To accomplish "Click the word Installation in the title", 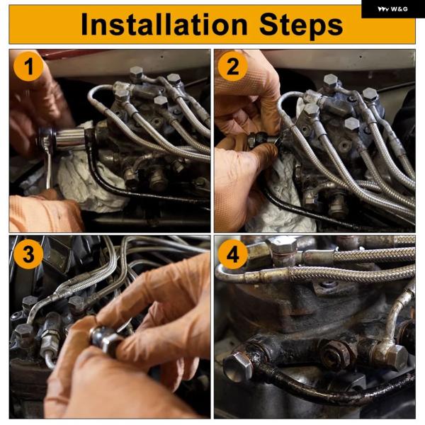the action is [164, 24].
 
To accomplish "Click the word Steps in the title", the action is [301, 25].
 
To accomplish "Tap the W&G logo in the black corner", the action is [392, 9].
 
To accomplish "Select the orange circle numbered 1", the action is [28, 67].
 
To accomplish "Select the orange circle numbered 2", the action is [233, 67].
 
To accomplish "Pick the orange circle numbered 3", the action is [28, 254].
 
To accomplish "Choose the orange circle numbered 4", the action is [233, 254].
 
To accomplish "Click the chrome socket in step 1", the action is [71, 139].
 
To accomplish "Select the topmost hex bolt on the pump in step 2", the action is [330, 81].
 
